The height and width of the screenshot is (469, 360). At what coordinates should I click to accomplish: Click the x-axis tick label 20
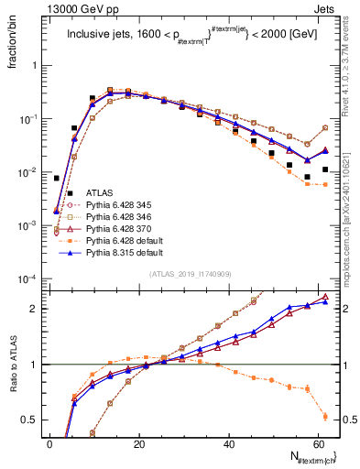point(139,443)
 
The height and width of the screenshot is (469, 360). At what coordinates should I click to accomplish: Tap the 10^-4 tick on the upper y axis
point(27,278)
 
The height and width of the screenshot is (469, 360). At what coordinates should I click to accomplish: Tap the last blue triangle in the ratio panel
point(325,301)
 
